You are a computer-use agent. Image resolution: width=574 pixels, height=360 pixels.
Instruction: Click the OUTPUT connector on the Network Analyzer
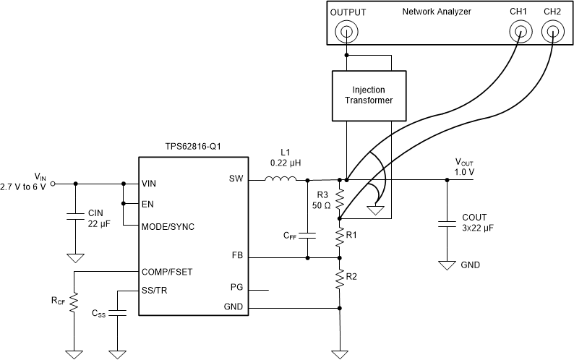point(348,31)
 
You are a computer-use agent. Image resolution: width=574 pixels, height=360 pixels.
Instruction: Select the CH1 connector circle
point(519,31)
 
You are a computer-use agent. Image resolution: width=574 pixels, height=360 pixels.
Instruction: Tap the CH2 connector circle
point(552,31)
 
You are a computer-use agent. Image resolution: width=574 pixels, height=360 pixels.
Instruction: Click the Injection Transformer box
point(368,95)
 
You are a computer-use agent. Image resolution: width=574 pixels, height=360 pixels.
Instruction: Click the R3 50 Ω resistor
point(338,197)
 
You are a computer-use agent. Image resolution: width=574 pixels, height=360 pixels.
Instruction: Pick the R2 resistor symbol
point(338,279)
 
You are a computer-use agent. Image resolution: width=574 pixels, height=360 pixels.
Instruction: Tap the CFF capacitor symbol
point(308,235)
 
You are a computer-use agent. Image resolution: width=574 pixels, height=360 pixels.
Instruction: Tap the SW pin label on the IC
point(235,179)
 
